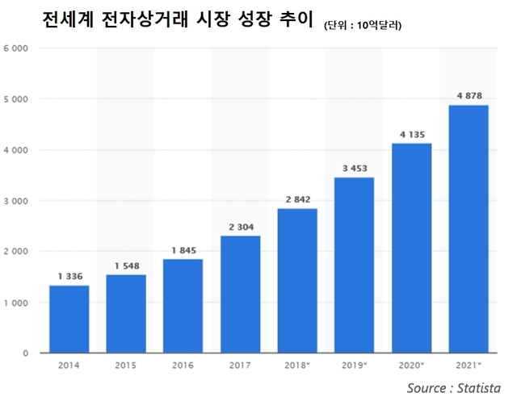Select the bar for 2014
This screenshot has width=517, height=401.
[69, 319]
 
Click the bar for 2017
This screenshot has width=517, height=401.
[240, 294]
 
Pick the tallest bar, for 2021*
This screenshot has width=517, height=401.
[468, 229]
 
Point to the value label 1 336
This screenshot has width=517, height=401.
[69, 276]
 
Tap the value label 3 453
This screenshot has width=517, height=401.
[354, 168]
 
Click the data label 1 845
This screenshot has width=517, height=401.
[183, 250]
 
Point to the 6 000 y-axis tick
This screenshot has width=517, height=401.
[16, 48]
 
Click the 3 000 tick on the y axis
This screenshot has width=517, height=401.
[16, 201]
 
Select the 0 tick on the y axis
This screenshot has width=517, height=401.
[25, 353]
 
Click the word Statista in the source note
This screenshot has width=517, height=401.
[477, 388]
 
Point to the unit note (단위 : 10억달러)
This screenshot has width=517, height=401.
[363, 26]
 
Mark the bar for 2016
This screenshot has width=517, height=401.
[183, 306]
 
